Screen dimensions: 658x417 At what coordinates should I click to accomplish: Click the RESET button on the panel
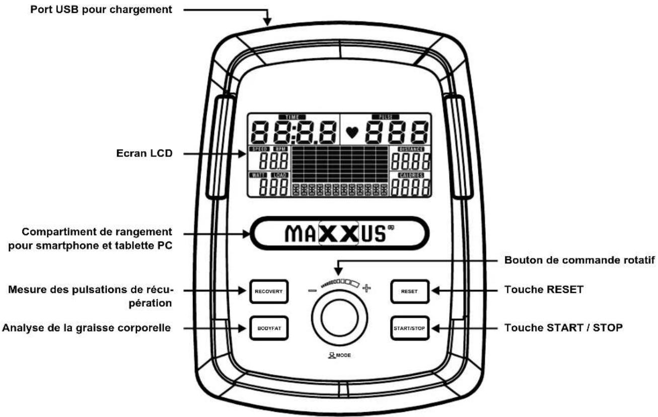pos(409,291)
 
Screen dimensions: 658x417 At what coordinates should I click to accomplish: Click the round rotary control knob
pos(339,322)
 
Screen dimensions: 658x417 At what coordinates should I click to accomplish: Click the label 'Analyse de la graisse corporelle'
pos(87,328)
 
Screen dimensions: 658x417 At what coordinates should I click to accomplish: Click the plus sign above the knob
pos(366,289)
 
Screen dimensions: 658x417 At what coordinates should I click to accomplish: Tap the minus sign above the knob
pos(313,290)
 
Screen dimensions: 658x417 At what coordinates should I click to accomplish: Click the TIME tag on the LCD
pos(292,117)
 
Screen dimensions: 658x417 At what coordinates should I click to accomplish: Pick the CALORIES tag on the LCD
pos(411,175)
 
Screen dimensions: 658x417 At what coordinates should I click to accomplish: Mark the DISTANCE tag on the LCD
pos(411,149)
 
